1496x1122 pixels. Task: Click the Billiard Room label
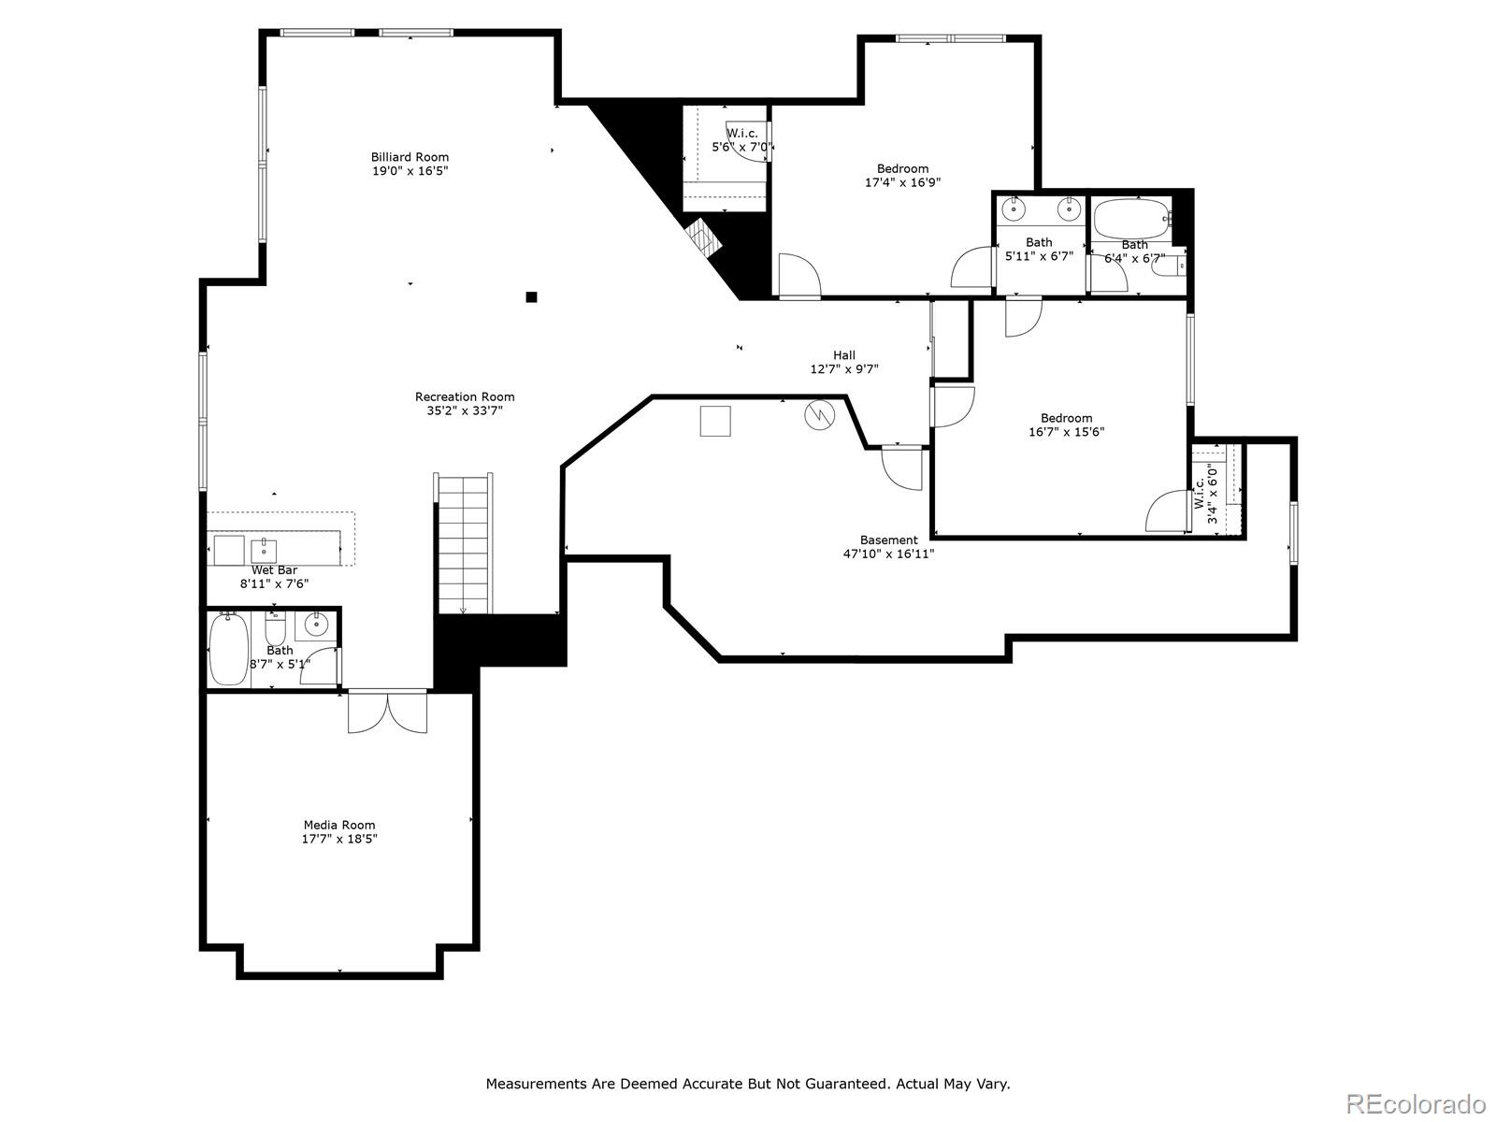(x=410, y=157)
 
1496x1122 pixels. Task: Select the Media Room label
(x=339, y=825)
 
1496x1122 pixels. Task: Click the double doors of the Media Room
(x=387, y=712)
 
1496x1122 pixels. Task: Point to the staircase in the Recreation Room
(x=464, y=543)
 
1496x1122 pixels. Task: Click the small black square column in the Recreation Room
(x=532, y=297)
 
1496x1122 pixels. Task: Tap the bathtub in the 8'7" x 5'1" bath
(x=228, y=648)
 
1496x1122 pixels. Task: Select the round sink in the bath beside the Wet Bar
(x=315, y=624)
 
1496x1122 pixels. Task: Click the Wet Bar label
(x=274, y=570)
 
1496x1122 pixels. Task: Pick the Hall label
(x=843, y=355)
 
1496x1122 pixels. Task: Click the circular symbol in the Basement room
(x=819, y=415)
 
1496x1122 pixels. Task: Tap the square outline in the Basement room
(x=715, y=421)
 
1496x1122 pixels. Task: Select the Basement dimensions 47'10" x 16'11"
(x=889, y=554)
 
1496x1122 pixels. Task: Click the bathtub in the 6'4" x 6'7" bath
(x=1132, y=218)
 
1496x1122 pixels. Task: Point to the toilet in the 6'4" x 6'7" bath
(x=1168, y=266)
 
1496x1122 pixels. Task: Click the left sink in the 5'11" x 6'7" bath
(x=1014, y=209)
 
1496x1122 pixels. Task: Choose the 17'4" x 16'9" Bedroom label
(x=902, y=168)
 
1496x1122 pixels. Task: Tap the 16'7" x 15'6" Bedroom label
(x=1066, y=418)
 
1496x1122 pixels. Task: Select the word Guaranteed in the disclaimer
(x=846, y=1084)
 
